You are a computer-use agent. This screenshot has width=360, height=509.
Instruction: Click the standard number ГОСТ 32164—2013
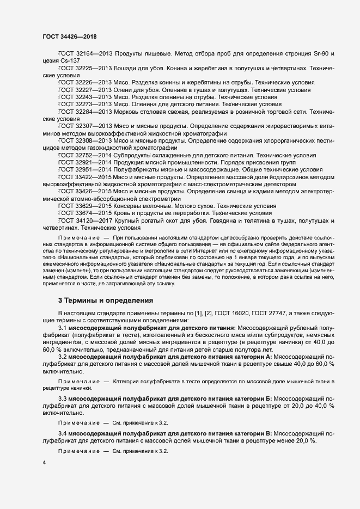(83, 54)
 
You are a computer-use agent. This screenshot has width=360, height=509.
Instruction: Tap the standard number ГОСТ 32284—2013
(83, 111)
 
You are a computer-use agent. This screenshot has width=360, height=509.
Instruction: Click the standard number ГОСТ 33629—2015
(83, 206)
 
